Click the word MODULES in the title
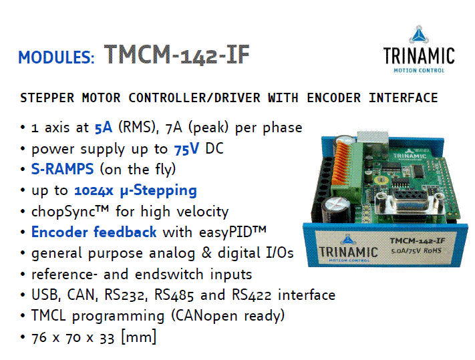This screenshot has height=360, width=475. pos(54,57)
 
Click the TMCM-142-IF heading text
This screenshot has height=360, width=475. pos(176,55)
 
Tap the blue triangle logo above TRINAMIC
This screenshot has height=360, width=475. pos(419,35)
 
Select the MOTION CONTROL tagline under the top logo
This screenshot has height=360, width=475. pos(419,71)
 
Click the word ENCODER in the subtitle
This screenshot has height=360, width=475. pos(333,98)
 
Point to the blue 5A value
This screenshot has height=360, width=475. pos(104,128)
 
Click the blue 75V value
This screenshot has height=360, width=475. pos(186,149)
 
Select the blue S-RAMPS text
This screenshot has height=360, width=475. pos(62,169)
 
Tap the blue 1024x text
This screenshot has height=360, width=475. pos(94,190)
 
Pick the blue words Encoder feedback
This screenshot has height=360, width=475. pos(94,232)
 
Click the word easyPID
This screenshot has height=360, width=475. pos(225,232)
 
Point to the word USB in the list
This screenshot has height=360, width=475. pos(45,295)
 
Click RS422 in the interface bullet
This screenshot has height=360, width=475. pos(251,295)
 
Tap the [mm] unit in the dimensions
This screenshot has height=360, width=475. pos(138,337)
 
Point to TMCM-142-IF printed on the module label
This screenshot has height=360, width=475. pos(417,241)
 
